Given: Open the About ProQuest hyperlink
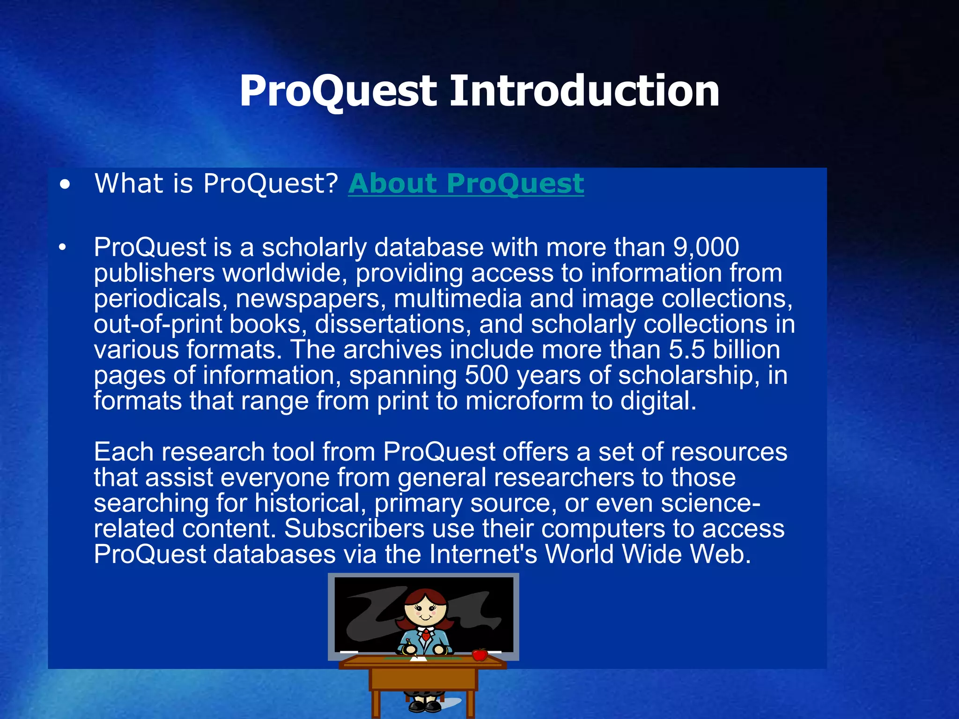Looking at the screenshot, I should point(466,183).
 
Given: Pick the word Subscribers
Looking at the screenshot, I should point(354,528).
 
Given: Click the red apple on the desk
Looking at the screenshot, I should point(479,654).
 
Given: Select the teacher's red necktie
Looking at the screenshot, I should point(426,635).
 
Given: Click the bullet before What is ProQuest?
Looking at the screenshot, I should point(65,184).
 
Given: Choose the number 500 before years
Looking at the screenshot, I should point(487,375).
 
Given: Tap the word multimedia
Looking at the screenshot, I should point(457,299).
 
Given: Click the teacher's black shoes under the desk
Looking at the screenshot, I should point(424,705).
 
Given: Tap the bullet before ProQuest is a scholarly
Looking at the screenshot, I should point(63,248).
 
